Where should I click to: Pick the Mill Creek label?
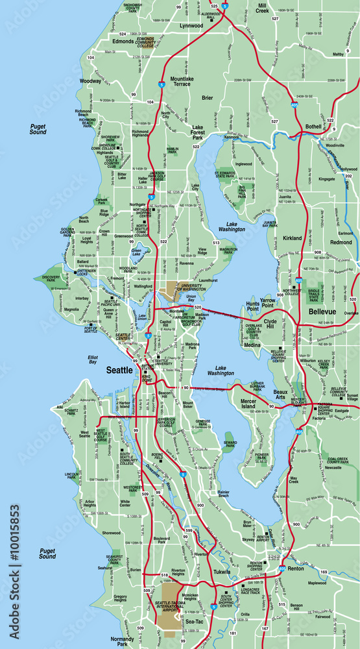click(x=262, y=8)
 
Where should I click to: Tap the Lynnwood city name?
click(x=191, y=26)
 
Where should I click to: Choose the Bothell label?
click(x=313, y=126)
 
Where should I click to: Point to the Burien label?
click(x=135, y=570)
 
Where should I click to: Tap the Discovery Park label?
click(x=51, y=280)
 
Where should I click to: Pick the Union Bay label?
click(x=191, y=299)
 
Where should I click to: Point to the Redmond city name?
click(x=340, y=241)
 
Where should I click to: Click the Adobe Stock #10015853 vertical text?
click(x=14, y=571)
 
